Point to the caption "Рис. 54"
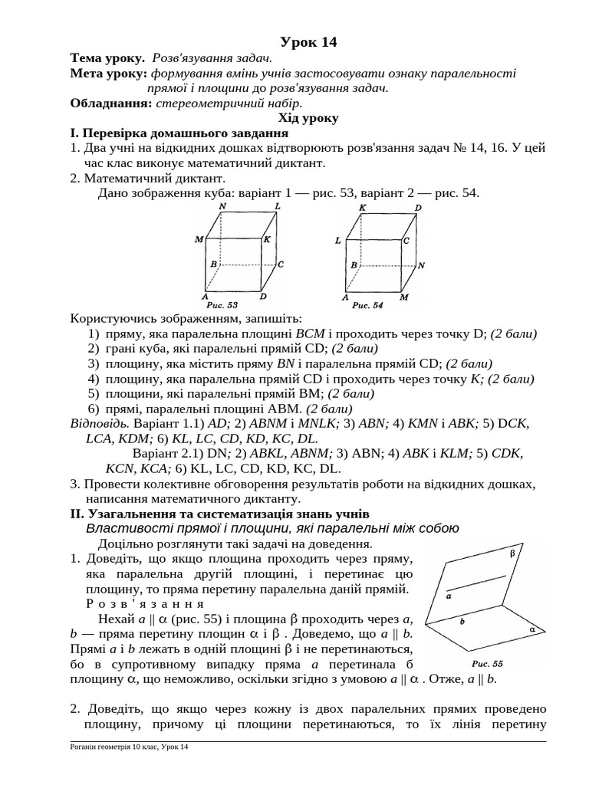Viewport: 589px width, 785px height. point(367,304)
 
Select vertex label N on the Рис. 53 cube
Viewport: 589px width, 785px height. point(222,207)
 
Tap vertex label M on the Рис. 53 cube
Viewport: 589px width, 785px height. point(199,239)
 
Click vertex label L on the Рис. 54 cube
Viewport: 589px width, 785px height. point(337,240)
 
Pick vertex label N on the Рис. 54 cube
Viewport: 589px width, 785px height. point(421,265)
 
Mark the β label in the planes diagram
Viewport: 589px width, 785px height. point(512,552)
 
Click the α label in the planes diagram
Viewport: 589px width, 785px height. point(531,627)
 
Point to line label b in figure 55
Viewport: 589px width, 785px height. point(462,622)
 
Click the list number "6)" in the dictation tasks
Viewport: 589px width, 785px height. point(94,408)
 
